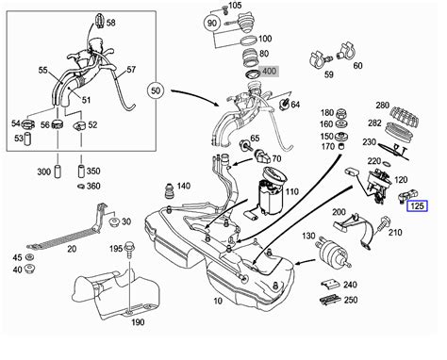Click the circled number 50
[x=156, y=90]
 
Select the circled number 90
[x=212, y=23]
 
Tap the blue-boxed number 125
[x=418, y=206]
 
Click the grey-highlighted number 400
[x=269, y=72]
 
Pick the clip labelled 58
[x=100, y=22]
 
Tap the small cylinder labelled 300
[x=58, y=172]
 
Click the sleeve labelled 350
[x=81, y=172]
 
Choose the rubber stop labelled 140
[x=170, y=189]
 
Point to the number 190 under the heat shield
[x=138, y=322]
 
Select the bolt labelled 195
[x=128, y=250]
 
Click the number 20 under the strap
[x=72, y=249]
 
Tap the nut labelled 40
[x=30, y=270]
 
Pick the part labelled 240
[x=330, y=284]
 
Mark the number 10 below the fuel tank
[x=218, y=301]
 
